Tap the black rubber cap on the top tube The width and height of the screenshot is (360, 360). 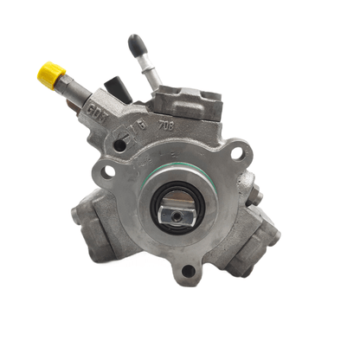pos(136,44)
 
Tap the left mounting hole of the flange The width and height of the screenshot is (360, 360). pos(107,171)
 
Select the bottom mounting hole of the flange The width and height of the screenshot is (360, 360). pos(188,273)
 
